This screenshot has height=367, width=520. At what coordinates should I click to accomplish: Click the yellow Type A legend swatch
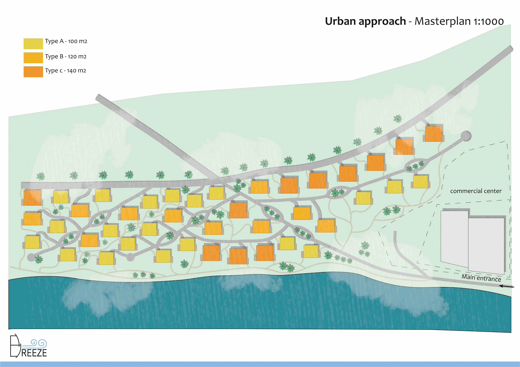coord(33,44)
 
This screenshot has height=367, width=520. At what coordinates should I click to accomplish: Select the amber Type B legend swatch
coord(33,58)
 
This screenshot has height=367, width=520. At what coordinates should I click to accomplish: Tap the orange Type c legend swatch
coord(33,72)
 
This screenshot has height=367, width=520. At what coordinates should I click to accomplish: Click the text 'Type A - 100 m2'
coord(66,41)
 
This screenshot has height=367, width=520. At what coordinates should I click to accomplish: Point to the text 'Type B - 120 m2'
coord(66,57)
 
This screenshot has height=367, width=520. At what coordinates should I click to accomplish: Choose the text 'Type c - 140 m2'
coord(65,71)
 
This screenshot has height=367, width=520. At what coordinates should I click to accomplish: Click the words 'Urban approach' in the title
coord(365,21)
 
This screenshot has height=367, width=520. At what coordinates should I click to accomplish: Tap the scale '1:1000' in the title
coord(488,22)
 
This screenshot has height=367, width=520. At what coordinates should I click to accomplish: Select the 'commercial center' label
coord(476,191)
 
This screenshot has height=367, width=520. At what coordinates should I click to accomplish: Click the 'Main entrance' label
coord(481,278)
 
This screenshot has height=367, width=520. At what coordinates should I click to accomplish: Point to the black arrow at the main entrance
coord(506,286)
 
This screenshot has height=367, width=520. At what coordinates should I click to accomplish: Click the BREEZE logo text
coord(34,353)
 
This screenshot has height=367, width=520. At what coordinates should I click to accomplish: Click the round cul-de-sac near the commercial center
coord(466,136)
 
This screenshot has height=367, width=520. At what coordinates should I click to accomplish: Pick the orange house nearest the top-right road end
coord(433,134)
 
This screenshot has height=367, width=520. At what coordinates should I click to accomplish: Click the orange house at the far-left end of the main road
coord(32,197)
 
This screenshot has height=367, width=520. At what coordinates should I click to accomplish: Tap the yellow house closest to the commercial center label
coord(420,181)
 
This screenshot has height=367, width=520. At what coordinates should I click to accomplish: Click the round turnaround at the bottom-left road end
coord(31,257)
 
